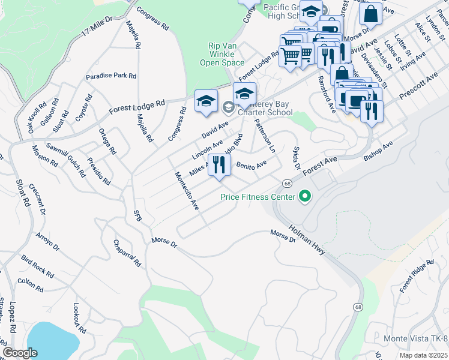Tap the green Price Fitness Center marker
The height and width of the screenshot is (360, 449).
[x=305, y=196]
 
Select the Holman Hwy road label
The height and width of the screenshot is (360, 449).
[x=307, y=240]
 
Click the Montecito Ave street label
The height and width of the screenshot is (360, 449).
[x=187, y=191]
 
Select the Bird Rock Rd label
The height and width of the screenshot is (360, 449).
[x=37, y=266]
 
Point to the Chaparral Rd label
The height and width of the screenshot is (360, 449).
[x=127, y=253]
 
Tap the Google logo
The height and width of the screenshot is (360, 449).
[x=20, y=353]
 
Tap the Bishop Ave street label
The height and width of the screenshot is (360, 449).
[x=378, y=151]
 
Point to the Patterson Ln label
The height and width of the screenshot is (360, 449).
[x=264, y=135]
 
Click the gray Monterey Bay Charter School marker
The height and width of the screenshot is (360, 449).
[x=229, y=108]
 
